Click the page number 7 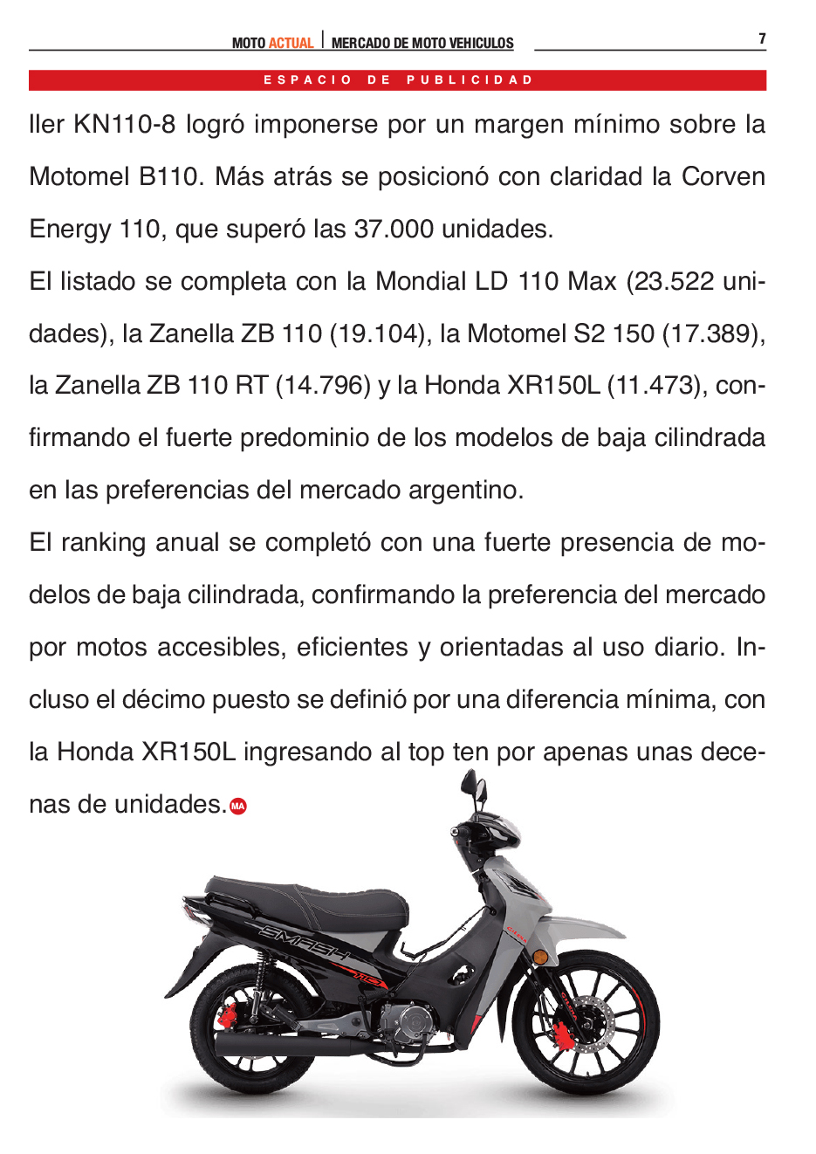[762, 38]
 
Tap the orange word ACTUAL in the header [291, 43]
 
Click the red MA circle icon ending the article [238, 807]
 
